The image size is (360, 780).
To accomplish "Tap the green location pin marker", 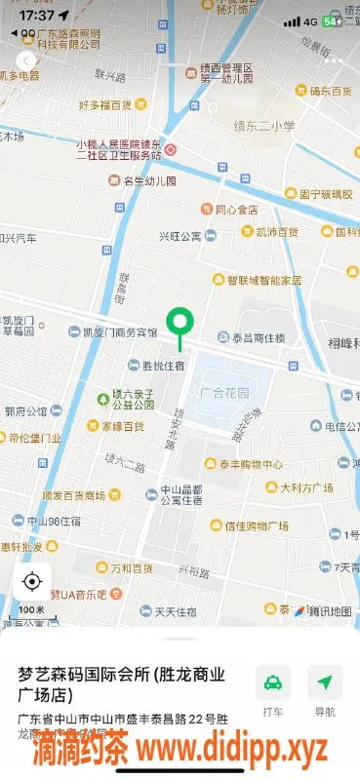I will click(x=180, y=322).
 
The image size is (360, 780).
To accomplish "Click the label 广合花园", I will click(x=223, y=393).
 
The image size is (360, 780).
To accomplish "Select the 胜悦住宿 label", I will click(x=163, y=366).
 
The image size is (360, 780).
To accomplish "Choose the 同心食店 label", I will click(x=236, y=209).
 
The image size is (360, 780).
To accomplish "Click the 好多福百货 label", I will click(x=104, y=104).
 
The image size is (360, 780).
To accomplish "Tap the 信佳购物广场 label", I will click(x=256, y=526).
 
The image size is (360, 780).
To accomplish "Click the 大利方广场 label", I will click(x=307, y=487).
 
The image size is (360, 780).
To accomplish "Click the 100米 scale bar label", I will click(x=33, y=611).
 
